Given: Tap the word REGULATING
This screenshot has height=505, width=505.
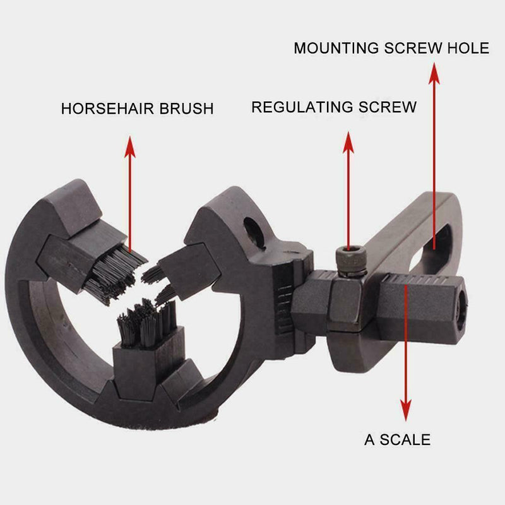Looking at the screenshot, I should (298, 107).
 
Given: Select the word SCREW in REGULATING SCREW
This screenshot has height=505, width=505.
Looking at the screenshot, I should (386, 107).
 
